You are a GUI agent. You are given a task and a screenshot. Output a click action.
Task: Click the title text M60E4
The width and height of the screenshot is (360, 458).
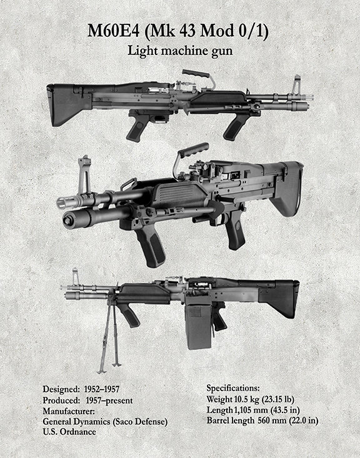click(x=113, y=31)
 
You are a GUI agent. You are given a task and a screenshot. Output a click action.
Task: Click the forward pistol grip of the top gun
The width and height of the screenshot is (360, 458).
click(x=235, y=127)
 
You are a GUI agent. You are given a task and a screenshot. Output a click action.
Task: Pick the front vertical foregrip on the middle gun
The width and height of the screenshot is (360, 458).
click(x=149, y=246)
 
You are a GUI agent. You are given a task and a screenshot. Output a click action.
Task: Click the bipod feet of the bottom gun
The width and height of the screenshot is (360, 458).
click(x=109, y=368)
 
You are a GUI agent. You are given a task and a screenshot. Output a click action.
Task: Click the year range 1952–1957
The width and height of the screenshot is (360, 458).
click(x=102, y=389)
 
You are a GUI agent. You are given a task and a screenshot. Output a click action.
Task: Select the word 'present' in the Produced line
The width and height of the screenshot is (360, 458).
click(x=119, y=401)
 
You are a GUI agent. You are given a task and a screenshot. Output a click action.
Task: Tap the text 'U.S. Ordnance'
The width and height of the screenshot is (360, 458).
click(x=69, y=432)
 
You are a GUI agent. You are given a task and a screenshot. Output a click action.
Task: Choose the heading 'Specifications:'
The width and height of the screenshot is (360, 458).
click(x=233, y=389)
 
